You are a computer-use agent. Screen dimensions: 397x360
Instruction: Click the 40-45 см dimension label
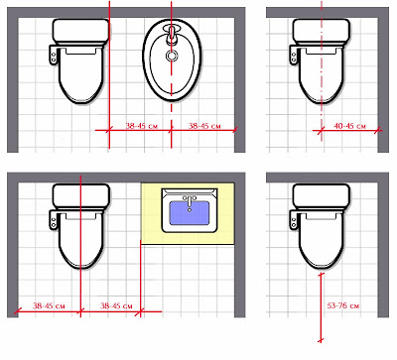pyautogui.click(x=349, y=126)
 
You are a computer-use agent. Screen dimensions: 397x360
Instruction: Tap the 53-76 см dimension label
pyautogui.click(x=342, y=305)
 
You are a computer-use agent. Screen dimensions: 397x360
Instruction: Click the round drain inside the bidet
pyautogui.click(x=171, y=56)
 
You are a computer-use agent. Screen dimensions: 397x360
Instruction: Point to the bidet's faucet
pyautogui.click(x=171, y=35)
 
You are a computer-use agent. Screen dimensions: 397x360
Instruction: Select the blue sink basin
pyautogui.click(x=190, y=212)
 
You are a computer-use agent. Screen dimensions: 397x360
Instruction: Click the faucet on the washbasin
pyautogui.click(x=190, y=201)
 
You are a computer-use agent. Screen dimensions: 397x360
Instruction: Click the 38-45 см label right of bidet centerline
pyautogui.click(x=204, y=126)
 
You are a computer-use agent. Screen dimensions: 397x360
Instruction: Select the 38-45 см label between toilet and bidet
pyautogui.click(x=142, y=126)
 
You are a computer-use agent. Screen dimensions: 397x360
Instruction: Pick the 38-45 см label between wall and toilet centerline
pyautogui.click(x=49, y=305)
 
